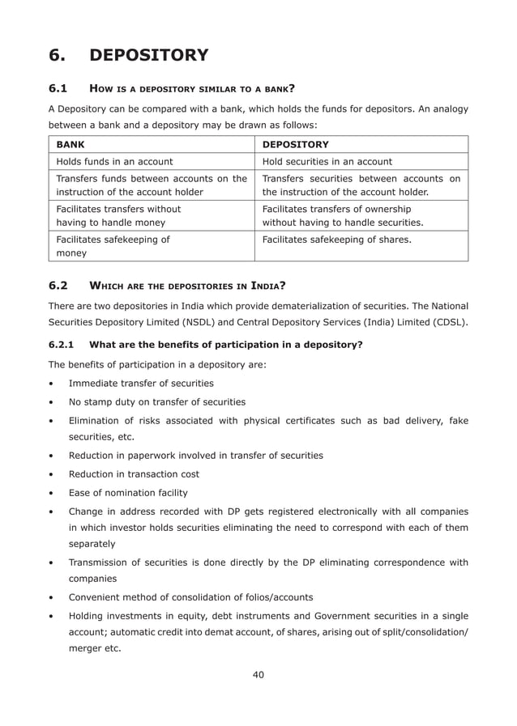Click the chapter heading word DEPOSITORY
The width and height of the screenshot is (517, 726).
[x=148, y=55]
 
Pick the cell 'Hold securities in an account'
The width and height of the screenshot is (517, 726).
[x=327, y=162]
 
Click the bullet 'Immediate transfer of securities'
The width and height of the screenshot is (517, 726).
[x=141, y=383]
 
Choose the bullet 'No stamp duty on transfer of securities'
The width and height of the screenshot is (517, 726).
[x=156, y=402]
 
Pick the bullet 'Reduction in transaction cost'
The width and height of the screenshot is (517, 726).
[x=134, y=473]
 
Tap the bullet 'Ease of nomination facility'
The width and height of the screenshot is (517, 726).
[x=128, y=493]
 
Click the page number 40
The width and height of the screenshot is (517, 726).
[x=258, y=674]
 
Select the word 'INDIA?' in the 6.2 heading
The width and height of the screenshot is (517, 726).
[x=271, y=286]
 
